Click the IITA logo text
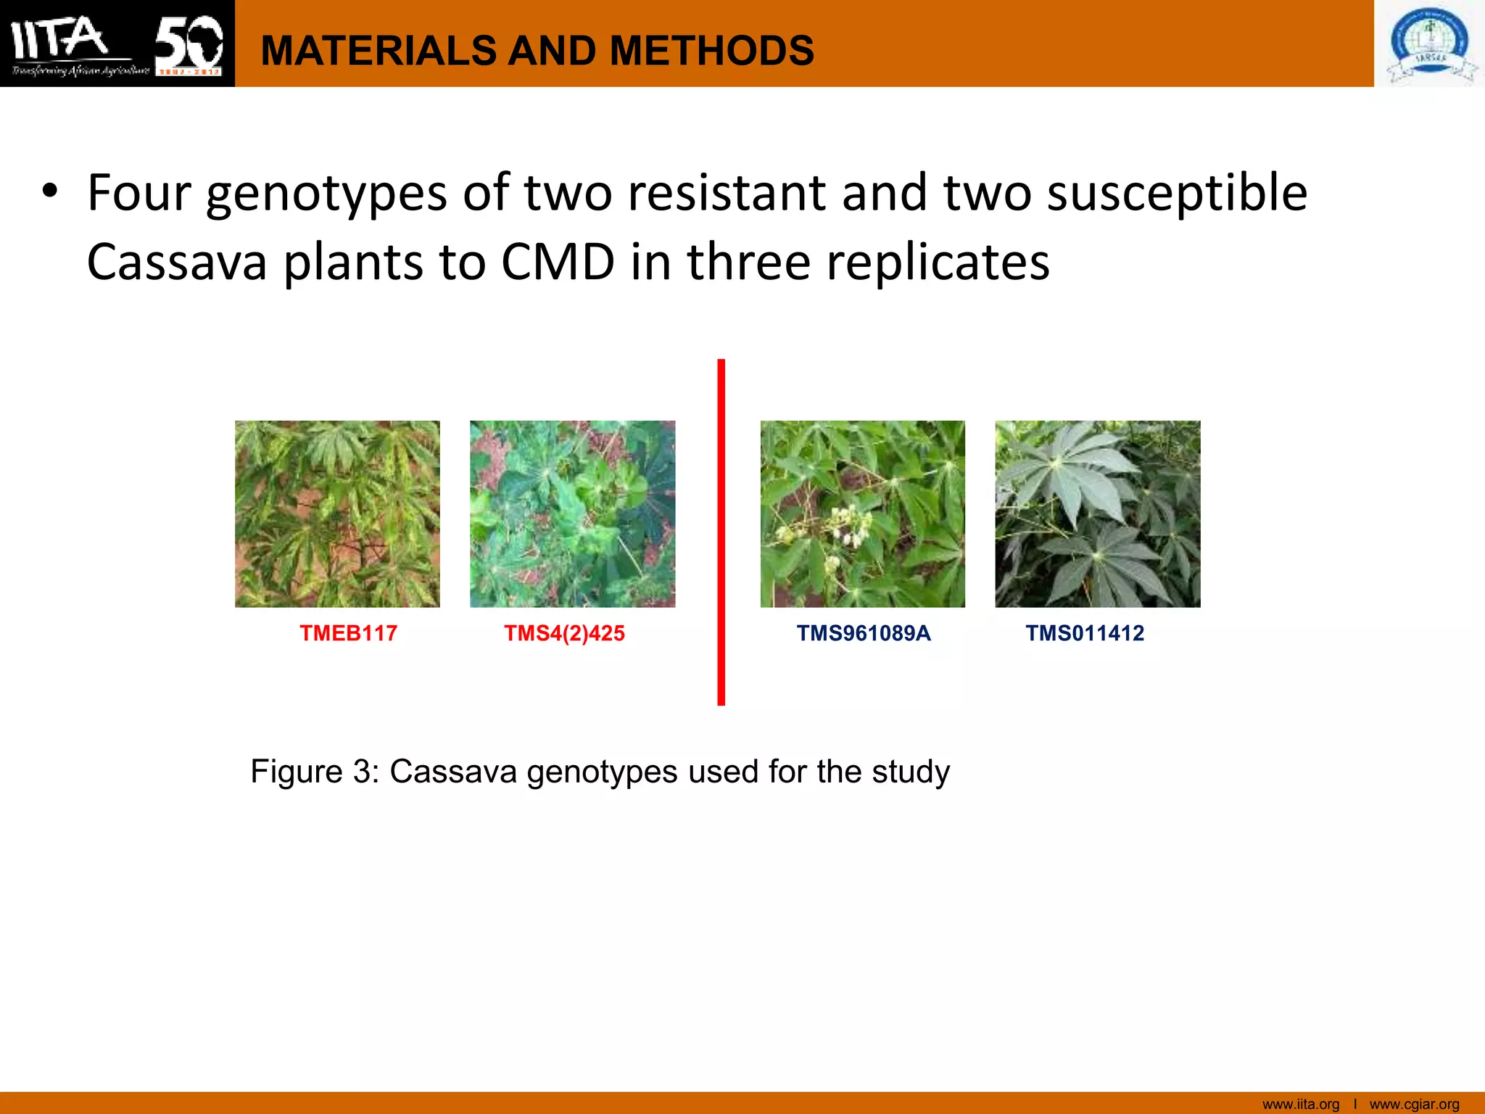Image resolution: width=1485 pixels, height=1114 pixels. pyautogui.click(x=62, y=38)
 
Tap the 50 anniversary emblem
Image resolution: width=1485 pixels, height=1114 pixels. pyautogui.click(x=189, y=44)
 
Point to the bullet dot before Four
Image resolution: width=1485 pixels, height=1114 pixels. pyautogui.click(x=49, y=192)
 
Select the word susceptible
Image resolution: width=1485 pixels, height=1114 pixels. pyautogui.click(x=1178, y=194)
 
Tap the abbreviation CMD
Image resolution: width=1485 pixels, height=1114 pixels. pyautogui.click(x=558, y=262)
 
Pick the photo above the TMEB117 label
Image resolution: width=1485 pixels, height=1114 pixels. pyautogui.click(x=337, y=513)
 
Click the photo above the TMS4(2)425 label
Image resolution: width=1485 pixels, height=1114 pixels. pyautogui.click(x=572, y=513)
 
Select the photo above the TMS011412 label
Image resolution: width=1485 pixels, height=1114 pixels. pyautogui.click(x=1097, y=513)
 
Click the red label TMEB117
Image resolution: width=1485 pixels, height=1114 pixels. pyautogui.click(x=348, y=633)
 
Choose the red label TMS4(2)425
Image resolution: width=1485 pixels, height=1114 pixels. pyautogui.click(x=564, y=633)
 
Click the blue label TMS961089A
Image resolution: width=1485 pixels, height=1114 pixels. pyautogui.click(x=863, y=633)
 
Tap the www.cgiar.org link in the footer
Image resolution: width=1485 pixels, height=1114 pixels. pyautogui.click(x=1414, y=1104)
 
